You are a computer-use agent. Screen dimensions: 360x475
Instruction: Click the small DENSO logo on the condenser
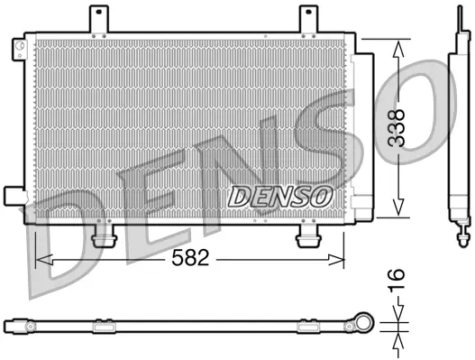[280, 194]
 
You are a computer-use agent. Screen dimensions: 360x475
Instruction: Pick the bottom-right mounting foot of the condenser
[309, 235]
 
